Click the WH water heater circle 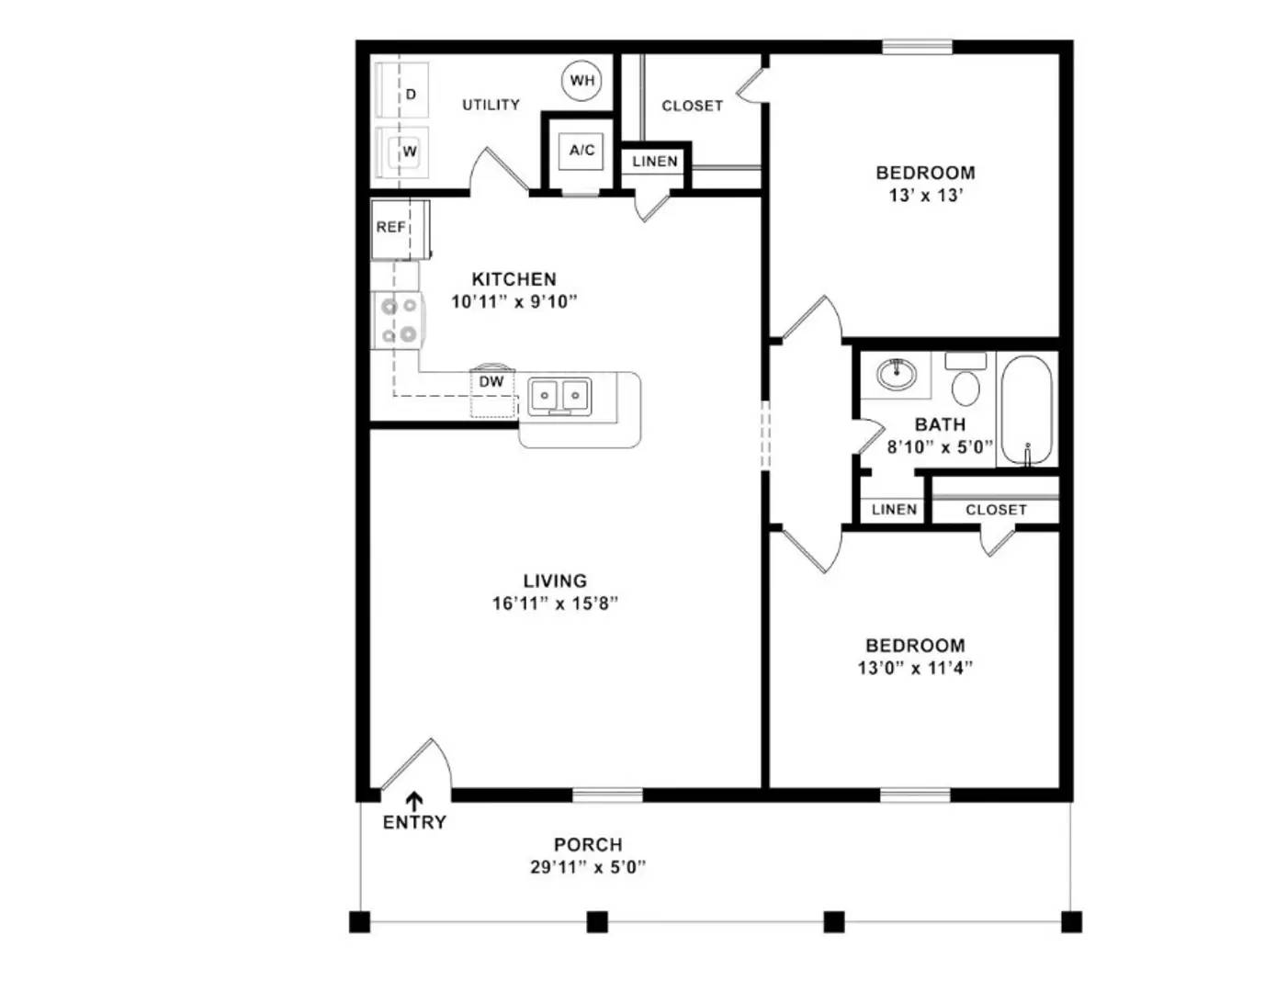click(582, 81)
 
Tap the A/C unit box click(582, 151)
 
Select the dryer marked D click(405, 93)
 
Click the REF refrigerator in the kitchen click(395, 228)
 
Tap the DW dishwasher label click(491, 382)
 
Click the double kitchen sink click(559, 396)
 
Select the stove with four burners click(398, 320)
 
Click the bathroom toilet click(965, 381)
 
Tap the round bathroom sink click(895, 374)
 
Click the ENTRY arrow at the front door click(414, 802)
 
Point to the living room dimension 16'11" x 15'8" click(555, 603)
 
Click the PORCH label click(588, 844)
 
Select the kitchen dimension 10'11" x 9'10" click(514, 301)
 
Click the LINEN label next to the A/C click(654, 162)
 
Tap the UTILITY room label click(491, 105)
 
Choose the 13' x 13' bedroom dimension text click(925, 196)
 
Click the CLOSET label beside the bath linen click(996, 510)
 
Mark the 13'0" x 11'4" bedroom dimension click(915, 669)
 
